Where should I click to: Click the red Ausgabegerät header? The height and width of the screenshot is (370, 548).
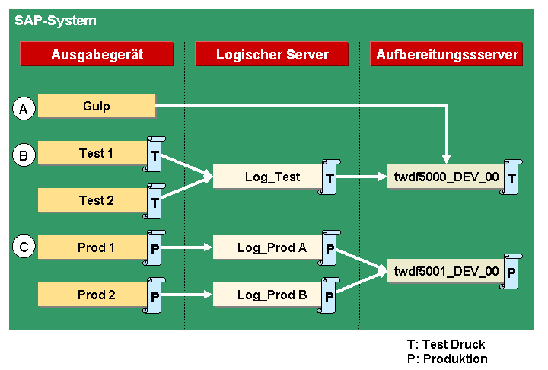pos(97,54)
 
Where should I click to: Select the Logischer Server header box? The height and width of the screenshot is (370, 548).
pos(272,54)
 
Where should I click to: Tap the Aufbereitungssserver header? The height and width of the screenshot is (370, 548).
pos(447,54)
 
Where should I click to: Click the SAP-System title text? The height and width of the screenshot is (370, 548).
pos(56,21)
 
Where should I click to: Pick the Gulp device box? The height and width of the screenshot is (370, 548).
pos(97,106)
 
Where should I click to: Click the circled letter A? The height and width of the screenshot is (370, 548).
pos(24,108)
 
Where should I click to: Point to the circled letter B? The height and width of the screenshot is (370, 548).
pos(24,155)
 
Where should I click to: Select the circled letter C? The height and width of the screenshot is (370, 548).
pos(24,247)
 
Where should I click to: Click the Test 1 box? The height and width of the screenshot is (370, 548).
pos(93,153)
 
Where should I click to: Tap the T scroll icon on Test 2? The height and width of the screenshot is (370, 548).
pos(155,202)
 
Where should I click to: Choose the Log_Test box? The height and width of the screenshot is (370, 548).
pos(268,177)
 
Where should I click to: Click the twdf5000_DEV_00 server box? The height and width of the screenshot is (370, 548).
pos(446,177)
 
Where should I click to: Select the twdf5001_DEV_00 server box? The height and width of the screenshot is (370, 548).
pos(446,271)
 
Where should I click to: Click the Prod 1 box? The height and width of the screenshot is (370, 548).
pos(93,247)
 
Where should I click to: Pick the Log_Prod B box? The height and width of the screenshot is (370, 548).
pos(268,295)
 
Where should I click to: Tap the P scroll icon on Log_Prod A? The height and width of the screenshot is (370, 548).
pos(330,248)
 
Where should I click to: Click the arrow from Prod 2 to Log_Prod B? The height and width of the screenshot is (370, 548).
pos(186,295)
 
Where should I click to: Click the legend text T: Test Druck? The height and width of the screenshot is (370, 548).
pos(446,344)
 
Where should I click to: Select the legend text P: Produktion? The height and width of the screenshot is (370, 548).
pos(448,359)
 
